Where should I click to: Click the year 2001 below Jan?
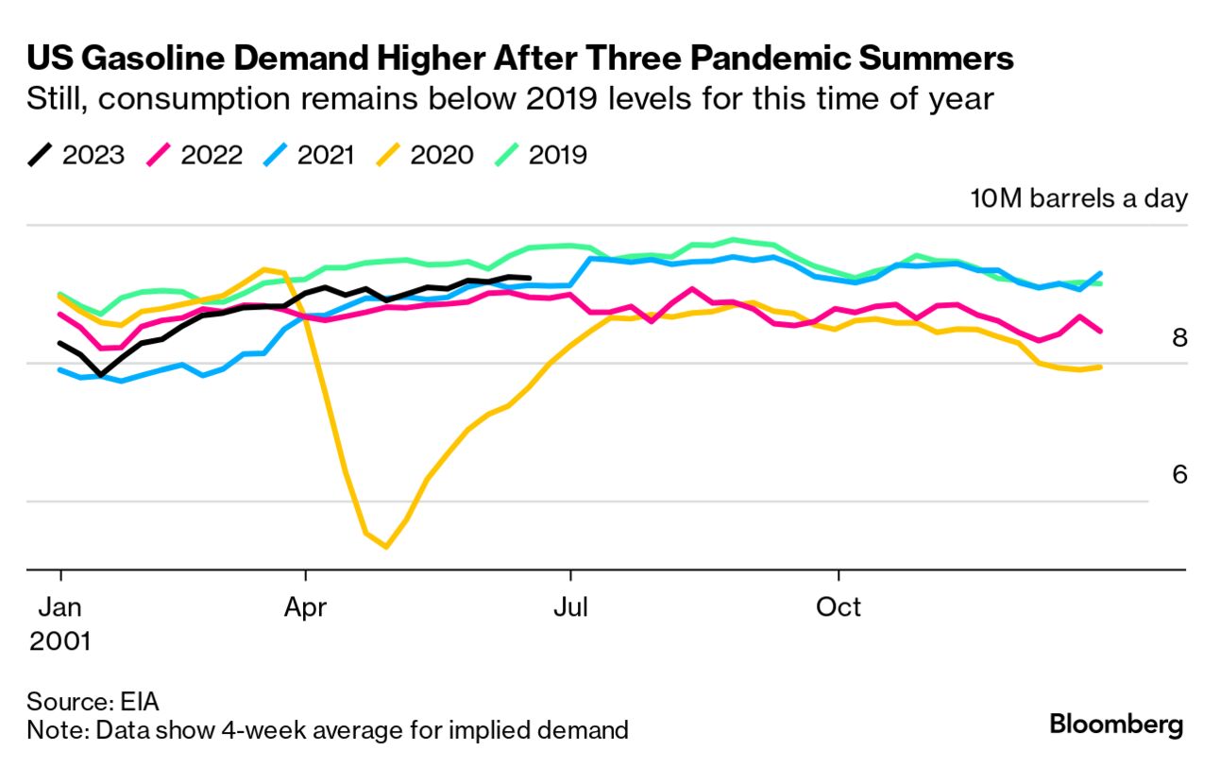(x=60, y=641)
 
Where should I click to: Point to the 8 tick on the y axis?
(x=1179, y=337)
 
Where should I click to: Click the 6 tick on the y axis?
(x=1179, y=474)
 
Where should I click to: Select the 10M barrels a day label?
(x=1078, y=199)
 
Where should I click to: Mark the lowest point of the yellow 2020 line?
(x=385, y=546)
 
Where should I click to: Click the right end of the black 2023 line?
(x=530, y=278)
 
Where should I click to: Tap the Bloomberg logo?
(x=1116, y=725)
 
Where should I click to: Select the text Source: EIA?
(x=93, y=702)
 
